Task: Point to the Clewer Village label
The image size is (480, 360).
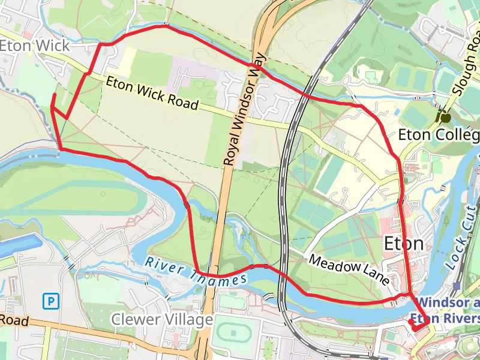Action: pos(162,320)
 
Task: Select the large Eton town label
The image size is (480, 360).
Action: pos(403,244)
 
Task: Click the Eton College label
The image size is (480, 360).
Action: pos(439,134)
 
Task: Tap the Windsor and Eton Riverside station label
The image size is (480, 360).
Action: pos(447,311)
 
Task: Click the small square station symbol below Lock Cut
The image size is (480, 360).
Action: pos(457,286)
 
